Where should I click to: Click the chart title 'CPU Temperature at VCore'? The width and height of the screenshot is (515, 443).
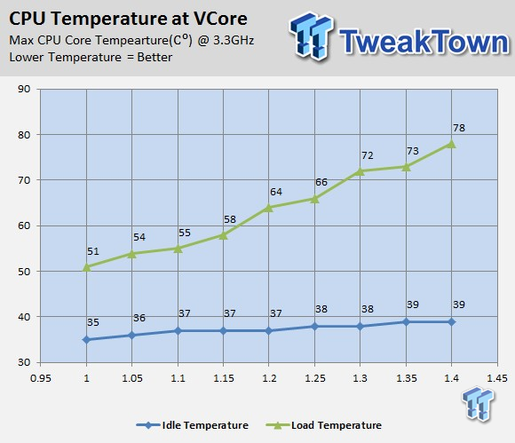[128, 19]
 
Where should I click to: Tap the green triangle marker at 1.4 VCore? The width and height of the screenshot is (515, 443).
[452, 144]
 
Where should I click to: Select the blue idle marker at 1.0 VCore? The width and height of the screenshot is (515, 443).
[86, 339]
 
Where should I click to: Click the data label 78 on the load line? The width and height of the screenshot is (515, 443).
[459, 128]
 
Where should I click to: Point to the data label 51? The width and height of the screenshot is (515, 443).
[93, 251]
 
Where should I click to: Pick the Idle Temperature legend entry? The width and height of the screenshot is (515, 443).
[193, 425]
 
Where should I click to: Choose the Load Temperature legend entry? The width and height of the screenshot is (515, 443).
[323, 425]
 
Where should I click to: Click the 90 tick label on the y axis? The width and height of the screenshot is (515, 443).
[24, 89]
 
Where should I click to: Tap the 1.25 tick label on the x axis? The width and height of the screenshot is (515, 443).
[315, 378]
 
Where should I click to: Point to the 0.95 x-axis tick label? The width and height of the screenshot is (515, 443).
[41, 378]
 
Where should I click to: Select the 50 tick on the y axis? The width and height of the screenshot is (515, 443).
[24, 272]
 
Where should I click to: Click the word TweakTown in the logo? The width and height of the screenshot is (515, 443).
[424, 41]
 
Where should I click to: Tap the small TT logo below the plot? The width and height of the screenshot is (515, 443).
[478, 404]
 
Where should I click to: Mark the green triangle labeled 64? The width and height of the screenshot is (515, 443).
[269, 208]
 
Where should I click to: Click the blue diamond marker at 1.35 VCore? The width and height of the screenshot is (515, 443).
[407, 322]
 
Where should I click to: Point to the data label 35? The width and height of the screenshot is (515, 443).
[93, 322]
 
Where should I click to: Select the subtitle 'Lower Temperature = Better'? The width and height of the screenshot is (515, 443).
[91, 57]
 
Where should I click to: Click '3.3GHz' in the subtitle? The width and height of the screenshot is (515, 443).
[234, 40]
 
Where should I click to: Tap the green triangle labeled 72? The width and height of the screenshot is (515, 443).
[360, 171]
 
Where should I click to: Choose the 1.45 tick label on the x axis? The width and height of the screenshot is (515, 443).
[497, 378]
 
